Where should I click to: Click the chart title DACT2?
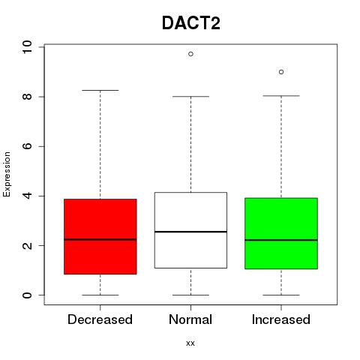tap(191, 23)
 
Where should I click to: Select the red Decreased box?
tap(100, 236)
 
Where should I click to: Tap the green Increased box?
tap(281, 233)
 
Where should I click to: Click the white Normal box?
tap(190, 230)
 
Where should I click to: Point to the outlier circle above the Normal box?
tap(190, 54)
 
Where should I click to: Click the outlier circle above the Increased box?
tap(281, 72)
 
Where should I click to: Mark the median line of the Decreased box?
tap(100, 239)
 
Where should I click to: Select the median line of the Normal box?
tap(190, 232)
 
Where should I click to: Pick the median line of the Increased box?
tap(281, 240)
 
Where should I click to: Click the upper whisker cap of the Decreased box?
tap(100, 90)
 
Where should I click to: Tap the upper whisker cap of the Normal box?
tap(190, 96)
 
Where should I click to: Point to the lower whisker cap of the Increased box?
tap(281, 295)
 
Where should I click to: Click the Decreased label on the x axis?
tap(100, 319)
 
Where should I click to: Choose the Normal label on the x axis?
tap(190, 319)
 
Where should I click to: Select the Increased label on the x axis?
tap(281, 319)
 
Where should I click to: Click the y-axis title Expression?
tap(7, 174)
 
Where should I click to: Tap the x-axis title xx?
tap(190, 343)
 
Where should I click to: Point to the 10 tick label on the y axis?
tap(27, 47)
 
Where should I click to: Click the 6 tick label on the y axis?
tap(27, 146)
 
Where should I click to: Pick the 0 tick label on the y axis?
tap(27, 295)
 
